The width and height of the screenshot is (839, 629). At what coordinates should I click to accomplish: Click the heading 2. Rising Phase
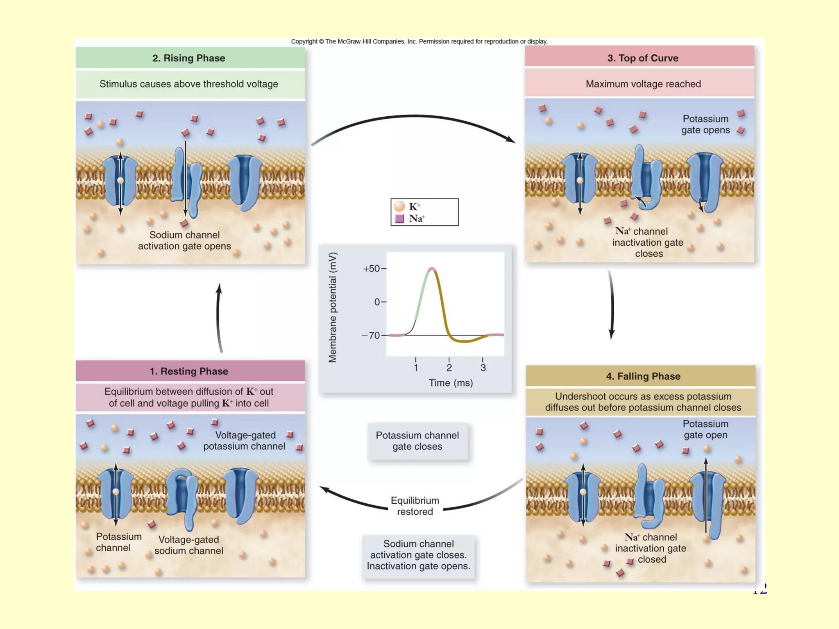tap(189, 58)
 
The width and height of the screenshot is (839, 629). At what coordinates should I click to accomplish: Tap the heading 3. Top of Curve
tap(642, 58)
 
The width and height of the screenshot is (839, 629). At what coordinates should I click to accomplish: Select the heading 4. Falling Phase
tap(643, 376)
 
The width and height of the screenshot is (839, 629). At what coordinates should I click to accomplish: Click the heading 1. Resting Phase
tap(189, 371)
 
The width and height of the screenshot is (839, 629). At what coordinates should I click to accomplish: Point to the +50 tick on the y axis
tap(372, 269)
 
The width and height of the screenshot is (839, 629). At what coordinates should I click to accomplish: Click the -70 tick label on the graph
tap(371, 335)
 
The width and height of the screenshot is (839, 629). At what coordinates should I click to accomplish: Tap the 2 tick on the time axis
tap(449, 367)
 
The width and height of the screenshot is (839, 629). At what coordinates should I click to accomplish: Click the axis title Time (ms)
tap(451, 383)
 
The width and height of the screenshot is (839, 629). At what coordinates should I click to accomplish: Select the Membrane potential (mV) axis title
tap(333, 307)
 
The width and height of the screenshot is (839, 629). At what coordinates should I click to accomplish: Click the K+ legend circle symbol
tap(399, 206)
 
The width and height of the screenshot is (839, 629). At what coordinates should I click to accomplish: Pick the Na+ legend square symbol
tap(399, 218)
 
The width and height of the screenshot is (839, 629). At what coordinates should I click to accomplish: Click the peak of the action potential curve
tap(431, 269)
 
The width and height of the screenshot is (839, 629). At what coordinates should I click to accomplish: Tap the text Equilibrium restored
tap(415, 506)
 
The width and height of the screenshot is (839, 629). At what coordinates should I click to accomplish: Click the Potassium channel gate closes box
tap(417, 441)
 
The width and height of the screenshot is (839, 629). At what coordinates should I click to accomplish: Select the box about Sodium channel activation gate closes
tap(418, 555)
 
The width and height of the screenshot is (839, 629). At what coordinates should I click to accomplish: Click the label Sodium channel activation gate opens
tap(184, 240)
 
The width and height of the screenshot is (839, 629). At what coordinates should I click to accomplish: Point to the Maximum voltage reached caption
tap(643, 84)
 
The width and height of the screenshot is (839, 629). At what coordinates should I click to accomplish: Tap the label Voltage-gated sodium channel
tap(189, 545)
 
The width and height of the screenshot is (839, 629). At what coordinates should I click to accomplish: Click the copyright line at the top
tap(419, 41)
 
